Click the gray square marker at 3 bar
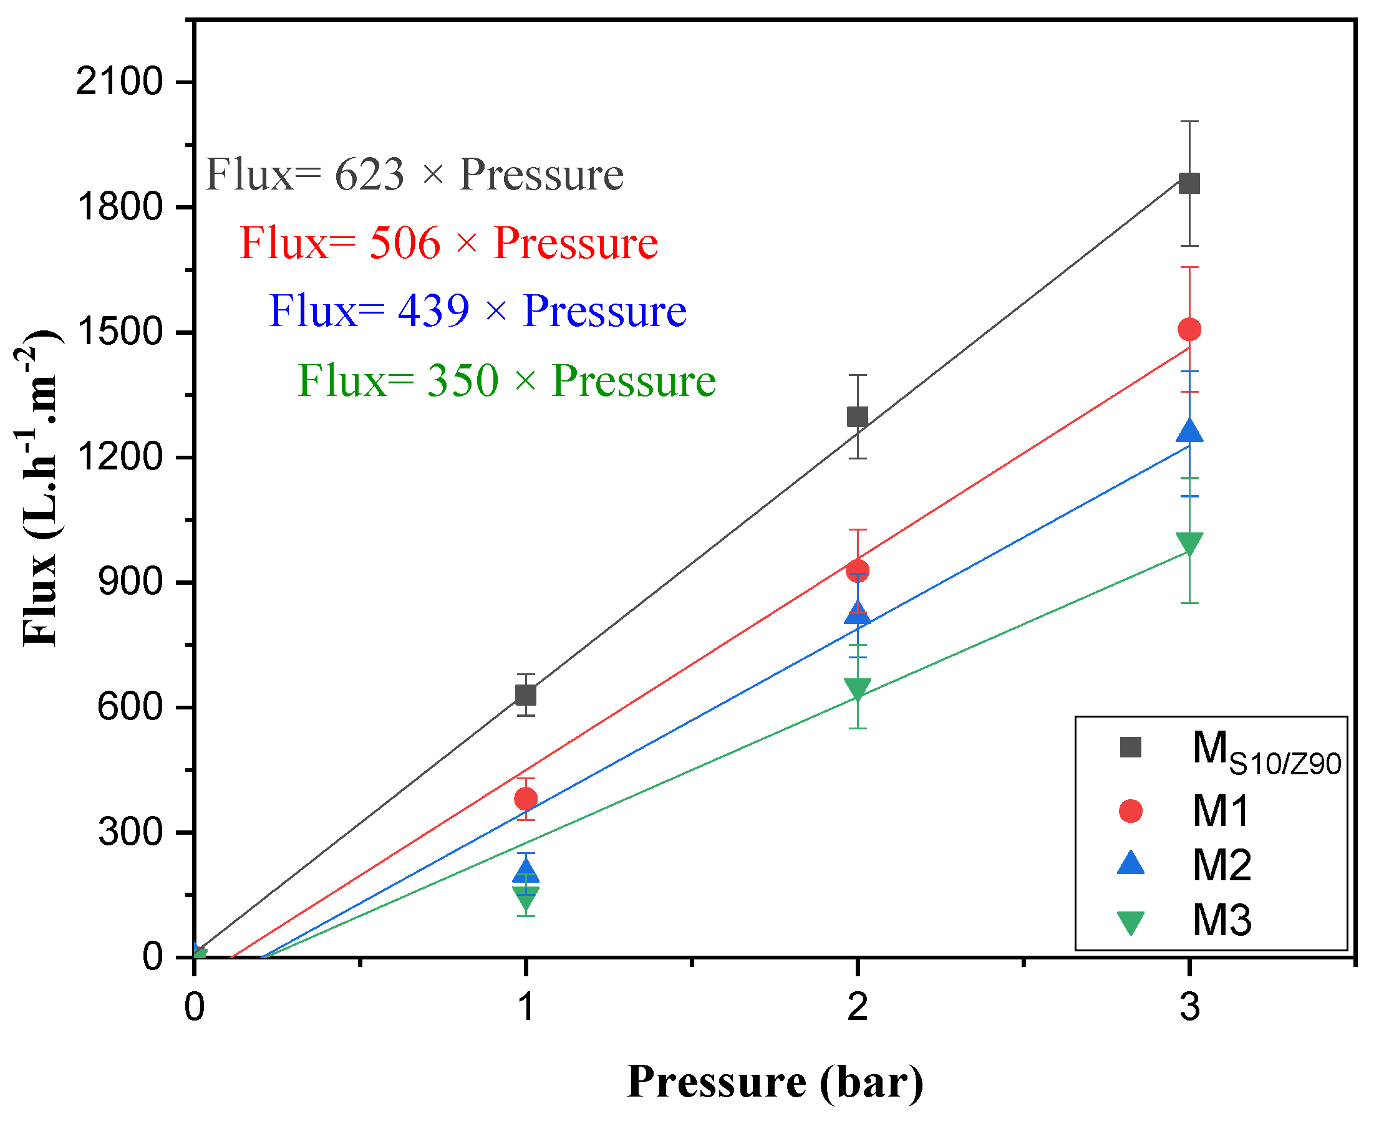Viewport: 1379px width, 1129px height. pos(1189,183)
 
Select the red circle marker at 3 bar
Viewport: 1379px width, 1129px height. pos(1189,330)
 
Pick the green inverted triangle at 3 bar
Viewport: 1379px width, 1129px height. pos(1189,542)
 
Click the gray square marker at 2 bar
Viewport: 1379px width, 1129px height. pos(858,417)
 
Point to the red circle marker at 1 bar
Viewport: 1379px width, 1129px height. pos(526,799)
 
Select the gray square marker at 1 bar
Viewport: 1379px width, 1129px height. pos(526,695)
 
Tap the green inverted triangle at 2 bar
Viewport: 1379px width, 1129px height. pos(858,688)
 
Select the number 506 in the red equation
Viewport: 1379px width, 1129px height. pos(405,243)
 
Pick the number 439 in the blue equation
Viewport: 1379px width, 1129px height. pos(433,310)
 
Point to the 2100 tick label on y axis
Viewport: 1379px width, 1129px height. pos(119,82)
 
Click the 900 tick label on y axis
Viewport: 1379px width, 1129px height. pos(130,582)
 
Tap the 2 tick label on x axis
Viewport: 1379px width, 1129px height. pos(858,1007)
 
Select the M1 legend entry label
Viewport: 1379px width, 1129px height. pos(1221,811)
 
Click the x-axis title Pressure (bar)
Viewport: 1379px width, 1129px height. pos(774,1082)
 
